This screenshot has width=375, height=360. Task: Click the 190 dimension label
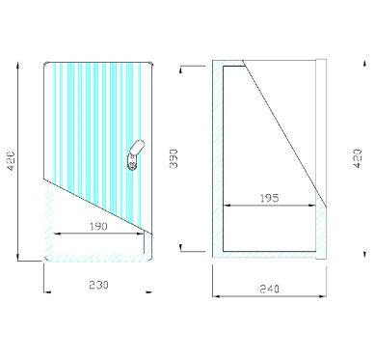(x=98, y=227)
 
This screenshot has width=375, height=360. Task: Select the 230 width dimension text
(x=98, y=285)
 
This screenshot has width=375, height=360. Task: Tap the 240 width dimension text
(x=269, y=289)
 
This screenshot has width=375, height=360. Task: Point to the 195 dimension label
(x=269, y=198)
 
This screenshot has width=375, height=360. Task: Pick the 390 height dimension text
(x=174, y=158)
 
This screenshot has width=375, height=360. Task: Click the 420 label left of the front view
(x=11, y=161)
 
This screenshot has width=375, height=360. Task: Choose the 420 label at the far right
(x=358, y=158)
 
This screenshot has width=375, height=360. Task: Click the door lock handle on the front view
(x=136, y=154)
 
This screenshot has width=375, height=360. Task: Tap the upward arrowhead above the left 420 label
(x=17, y=66)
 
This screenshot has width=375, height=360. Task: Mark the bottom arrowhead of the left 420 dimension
(x=18, y=257)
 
